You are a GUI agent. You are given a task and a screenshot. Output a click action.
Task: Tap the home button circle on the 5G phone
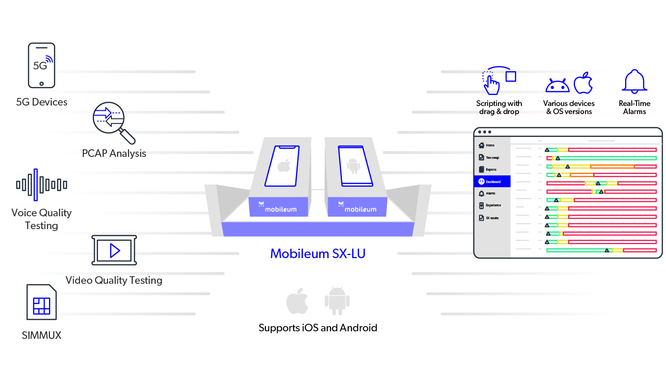click(x=41, y=84)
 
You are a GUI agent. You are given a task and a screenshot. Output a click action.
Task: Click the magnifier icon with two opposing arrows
click(x=108, y=118)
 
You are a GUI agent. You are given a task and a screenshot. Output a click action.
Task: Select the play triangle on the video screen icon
click(x=114, y=250)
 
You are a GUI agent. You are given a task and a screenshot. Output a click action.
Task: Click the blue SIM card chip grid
click(x=41, y=305)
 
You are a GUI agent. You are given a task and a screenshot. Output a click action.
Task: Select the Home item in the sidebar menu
click(x=490, y=145)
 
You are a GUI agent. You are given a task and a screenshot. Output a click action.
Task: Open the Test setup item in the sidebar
click(x=492, y=157)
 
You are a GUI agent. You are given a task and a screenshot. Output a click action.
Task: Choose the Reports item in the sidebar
click(x=490, y=169)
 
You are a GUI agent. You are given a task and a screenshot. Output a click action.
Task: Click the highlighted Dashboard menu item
click(x=492, y=181)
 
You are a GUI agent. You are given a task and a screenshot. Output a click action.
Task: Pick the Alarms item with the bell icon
click(x=490, y=193)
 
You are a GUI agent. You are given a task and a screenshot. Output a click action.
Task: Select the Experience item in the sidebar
click(x=493, y=205)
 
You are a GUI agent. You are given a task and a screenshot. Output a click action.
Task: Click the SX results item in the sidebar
click(x=491, y=218)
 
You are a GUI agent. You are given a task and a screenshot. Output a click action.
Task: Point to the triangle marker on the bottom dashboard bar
click(x=607, y=250)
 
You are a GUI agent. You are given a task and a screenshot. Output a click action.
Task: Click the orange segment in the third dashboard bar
click(x=612, y=166)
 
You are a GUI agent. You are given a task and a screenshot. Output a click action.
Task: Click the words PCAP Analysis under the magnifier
click(x=114, y=154)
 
